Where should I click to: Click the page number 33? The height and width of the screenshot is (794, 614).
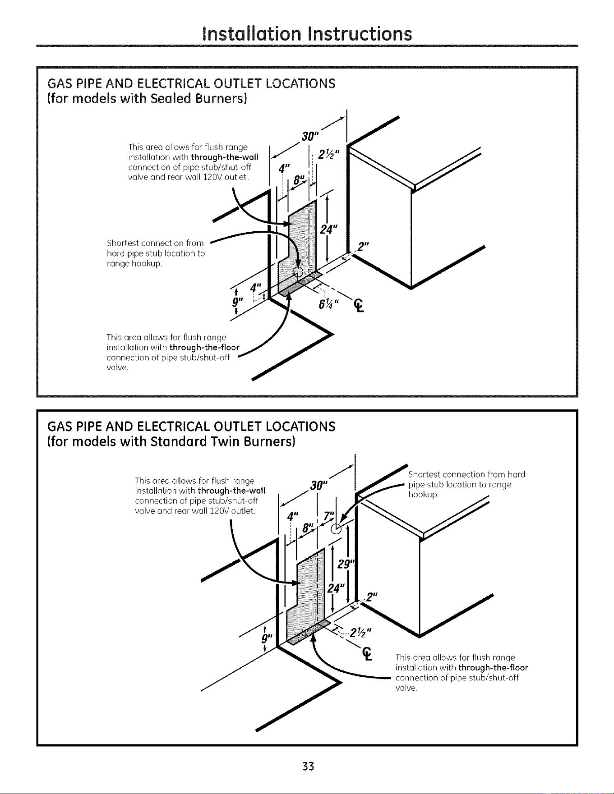[308, 766]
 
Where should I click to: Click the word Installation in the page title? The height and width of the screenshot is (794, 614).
[253, 34]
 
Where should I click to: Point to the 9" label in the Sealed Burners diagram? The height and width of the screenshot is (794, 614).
[235, 302]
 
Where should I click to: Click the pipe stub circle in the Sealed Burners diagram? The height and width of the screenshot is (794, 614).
[297, 271]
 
